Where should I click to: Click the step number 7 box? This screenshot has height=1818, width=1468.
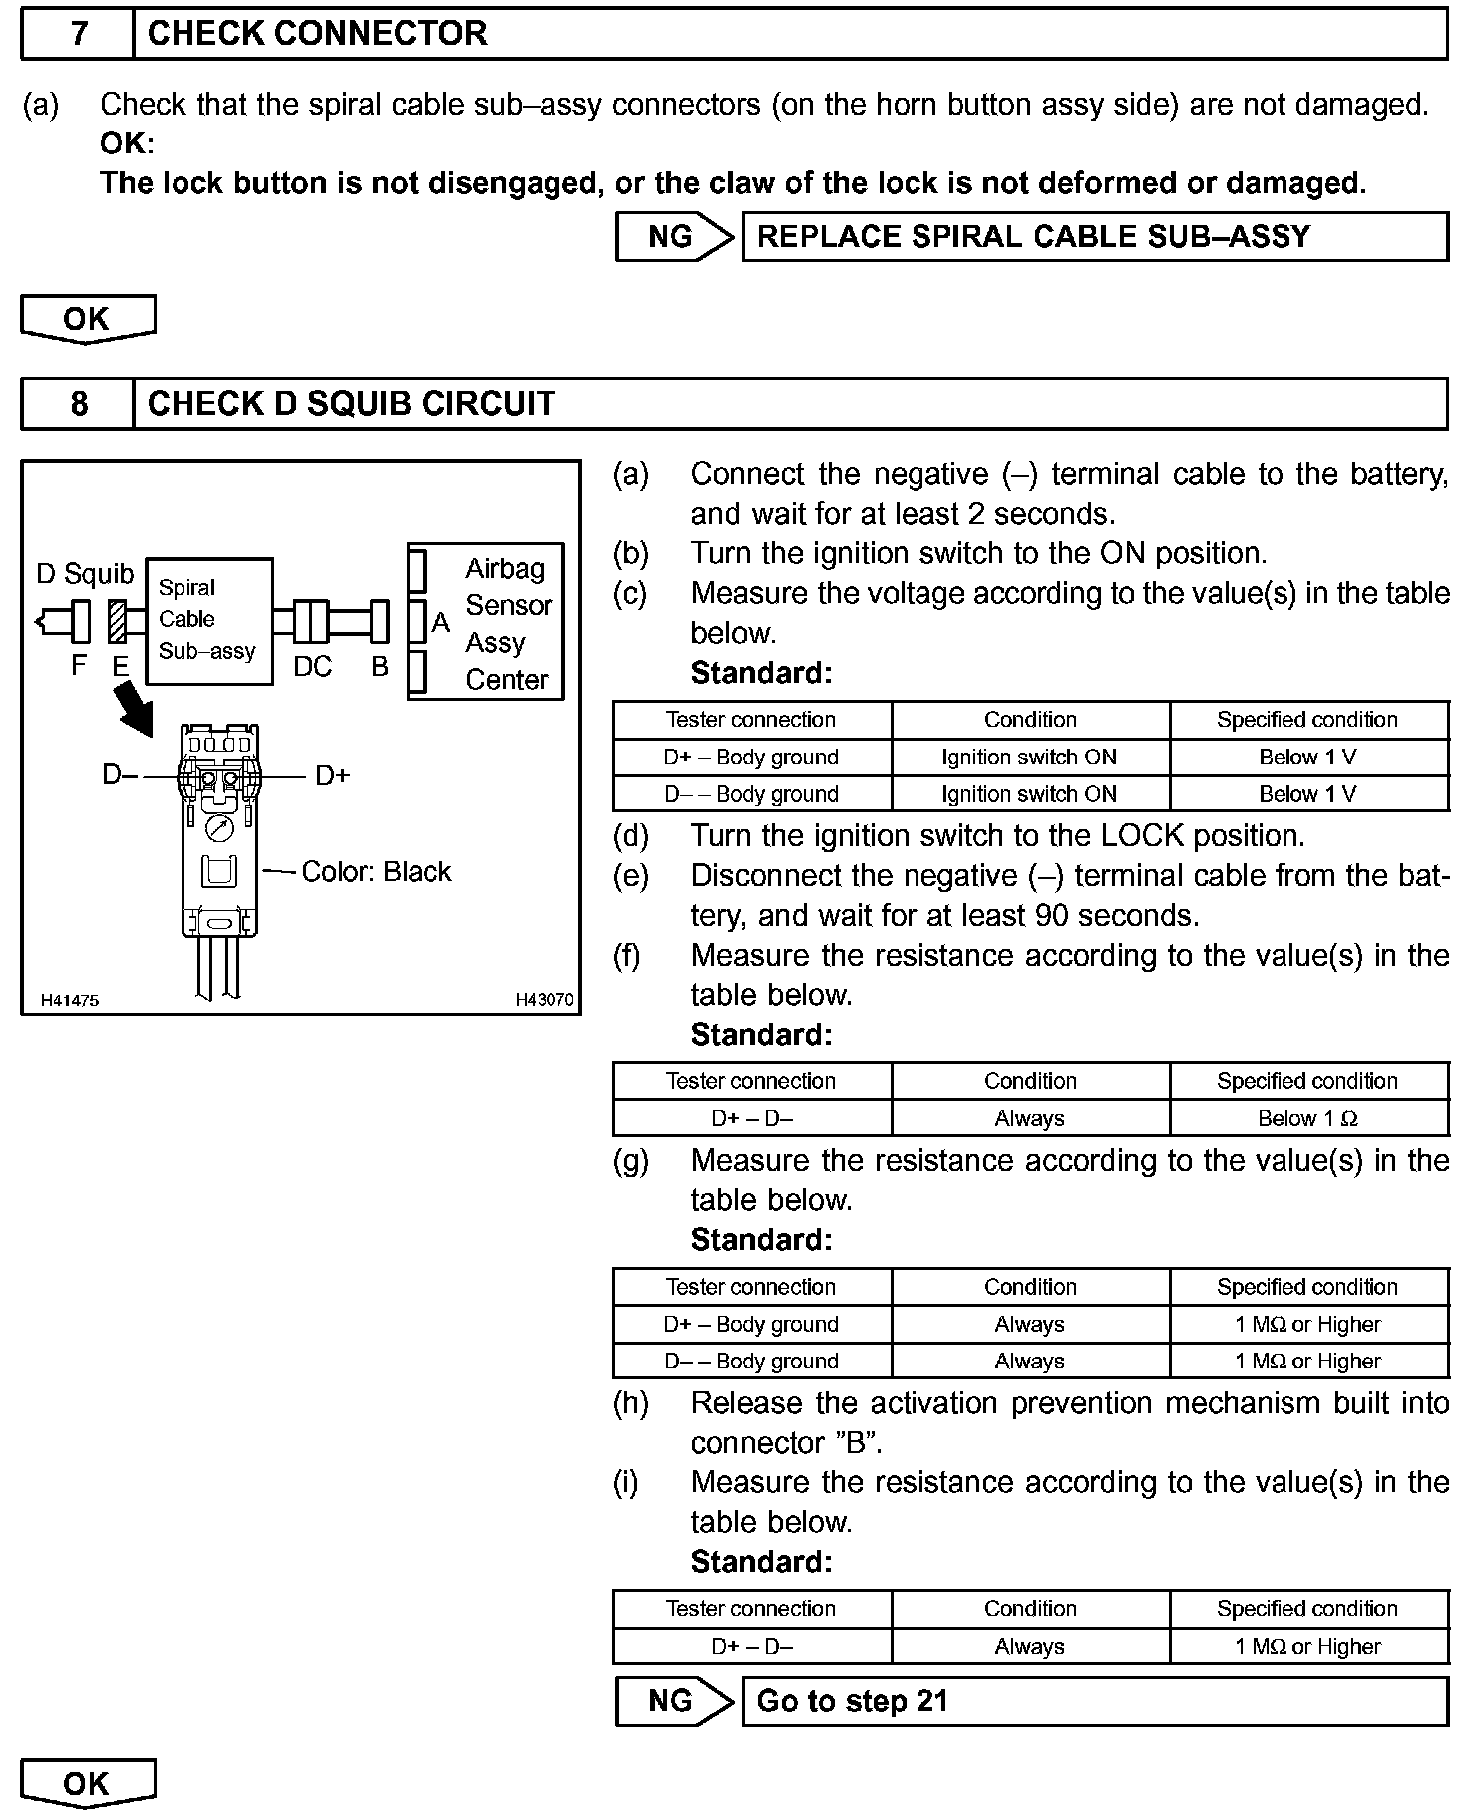(x=78, y=34)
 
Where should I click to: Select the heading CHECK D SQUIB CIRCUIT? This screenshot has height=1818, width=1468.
(x=351, y=404)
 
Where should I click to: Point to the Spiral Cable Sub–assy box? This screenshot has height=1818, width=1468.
(x=209, y=620)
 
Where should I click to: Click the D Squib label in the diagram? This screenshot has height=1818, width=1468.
(x=85, y=574)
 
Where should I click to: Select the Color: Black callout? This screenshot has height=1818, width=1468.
(x=376, y=872)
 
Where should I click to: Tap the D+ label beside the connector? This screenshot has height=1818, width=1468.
(x=333, y=776)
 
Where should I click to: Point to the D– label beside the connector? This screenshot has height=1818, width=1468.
(x=120, y=774)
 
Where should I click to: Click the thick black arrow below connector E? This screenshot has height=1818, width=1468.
(x=134, y=711)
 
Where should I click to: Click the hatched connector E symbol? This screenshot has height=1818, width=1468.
(x=117, y=622)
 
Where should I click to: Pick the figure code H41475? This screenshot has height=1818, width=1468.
(x=70, y=1000)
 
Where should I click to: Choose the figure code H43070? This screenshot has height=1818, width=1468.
(x=545, y=1000)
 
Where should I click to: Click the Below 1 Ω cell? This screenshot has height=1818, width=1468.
(x=1307, y=1119)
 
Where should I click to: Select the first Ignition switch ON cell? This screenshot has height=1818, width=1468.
(x=1029, y=757)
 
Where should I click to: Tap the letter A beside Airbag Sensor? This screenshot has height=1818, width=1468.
(x=440, y=623)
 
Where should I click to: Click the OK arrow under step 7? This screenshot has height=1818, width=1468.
(x=88, y=320)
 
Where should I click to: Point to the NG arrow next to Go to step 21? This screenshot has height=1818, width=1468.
(x=674, y=1701)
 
